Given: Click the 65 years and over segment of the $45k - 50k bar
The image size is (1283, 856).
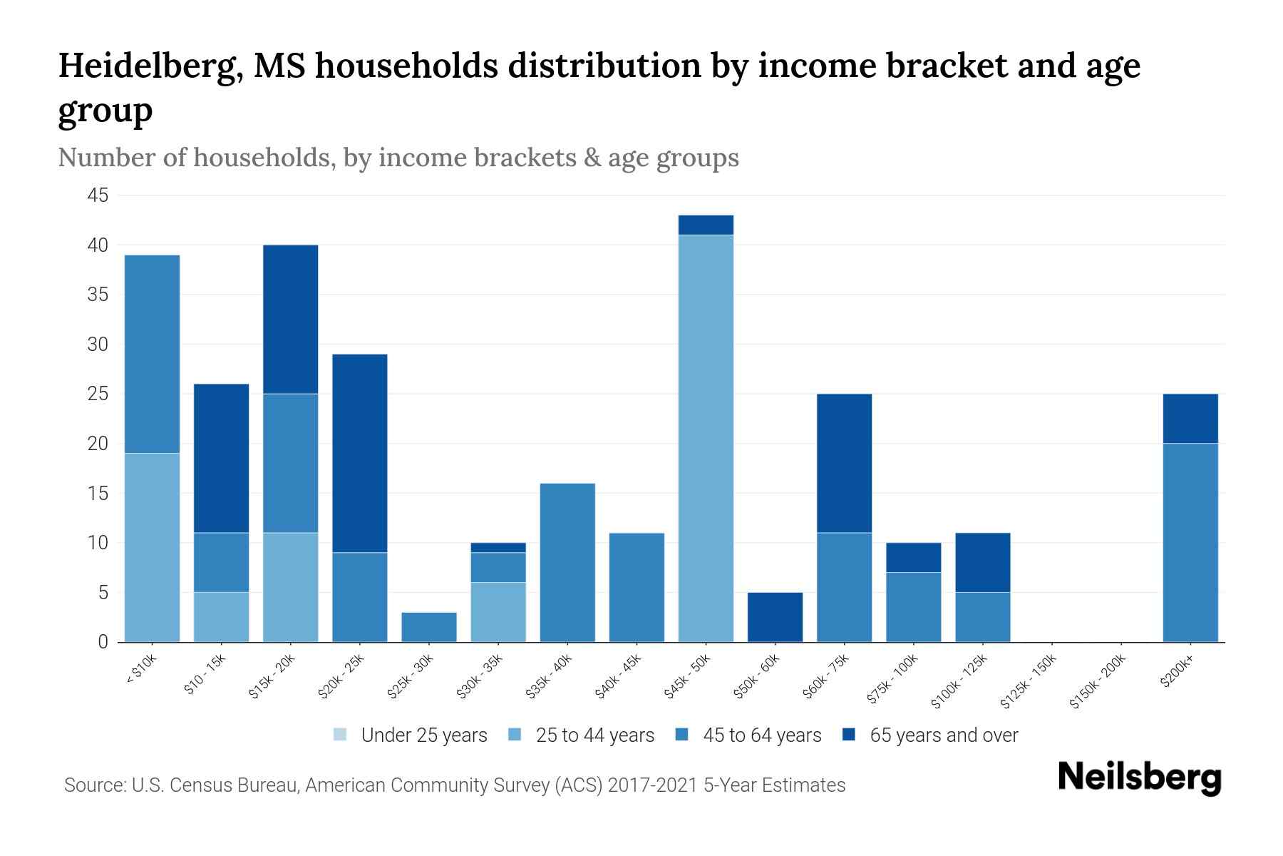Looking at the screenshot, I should pos(706,225).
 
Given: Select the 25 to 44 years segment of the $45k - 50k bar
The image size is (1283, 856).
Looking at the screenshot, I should pos(706,439).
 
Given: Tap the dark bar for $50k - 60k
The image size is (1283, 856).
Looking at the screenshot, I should pos(775,617).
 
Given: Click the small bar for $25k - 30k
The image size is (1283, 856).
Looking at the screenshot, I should pos(429,627).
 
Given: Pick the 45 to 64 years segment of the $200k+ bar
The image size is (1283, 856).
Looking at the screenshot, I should pos(1190,542).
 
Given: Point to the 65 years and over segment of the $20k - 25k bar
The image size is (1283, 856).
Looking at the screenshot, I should pos(360,453).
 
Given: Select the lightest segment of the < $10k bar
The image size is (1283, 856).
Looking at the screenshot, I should pos(152,547).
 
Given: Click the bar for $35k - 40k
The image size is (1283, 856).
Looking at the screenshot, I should pos(567,563).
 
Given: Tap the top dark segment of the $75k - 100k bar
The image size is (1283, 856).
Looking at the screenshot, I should pos(913,557).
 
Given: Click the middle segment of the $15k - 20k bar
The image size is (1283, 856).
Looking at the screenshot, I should pos(291,463).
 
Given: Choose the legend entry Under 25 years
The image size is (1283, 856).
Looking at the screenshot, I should pos(424,735).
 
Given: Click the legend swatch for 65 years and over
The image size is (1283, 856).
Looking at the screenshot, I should pos(849,735).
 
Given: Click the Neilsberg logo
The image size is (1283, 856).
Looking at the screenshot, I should pos(1139,778).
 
